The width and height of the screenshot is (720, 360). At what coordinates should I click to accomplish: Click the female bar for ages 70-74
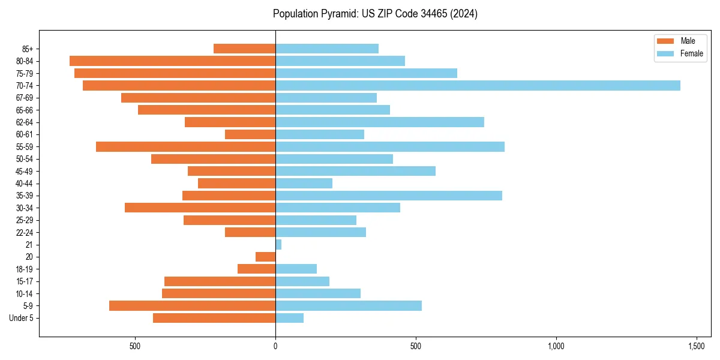(478, 86)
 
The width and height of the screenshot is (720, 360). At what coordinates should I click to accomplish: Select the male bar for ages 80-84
(172, 61)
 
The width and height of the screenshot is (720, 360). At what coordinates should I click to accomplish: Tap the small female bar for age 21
(278, 245)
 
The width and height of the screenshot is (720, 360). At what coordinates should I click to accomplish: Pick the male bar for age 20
(265, 257)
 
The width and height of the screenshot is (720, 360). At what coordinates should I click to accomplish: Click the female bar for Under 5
(289, 318)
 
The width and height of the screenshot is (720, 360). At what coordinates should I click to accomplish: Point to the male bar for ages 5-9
(192, 306)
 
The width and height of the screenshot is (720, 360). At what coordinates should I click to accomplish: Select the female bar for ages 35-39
(389, 196)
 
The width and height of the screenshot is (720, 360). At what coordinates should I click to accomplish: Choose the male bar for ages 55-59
(185, 147)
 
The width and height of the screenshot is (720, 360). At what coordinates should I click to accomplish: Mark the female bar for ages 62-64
(380, 122)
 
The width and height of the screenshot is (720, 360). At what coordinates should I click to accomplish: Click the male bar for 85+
(244, 49)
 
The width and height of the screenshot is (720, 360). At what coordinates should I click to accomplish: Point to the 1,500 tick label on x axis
(697, 346)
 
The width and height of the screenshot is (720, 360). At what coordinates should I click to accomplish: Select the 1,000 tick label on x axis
(556, 346)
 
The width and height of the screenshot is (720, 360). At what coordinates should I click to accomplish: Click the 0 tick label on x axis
(275, 346)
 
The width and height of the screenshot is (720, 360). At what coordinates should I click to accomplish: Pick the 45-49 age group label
(24, 172)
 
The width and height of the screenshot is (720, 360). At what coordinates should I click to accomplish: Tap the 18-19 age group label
(24, 269)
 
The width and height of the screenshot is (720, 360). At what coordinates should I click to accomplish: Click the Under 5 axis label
(22, 318)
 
